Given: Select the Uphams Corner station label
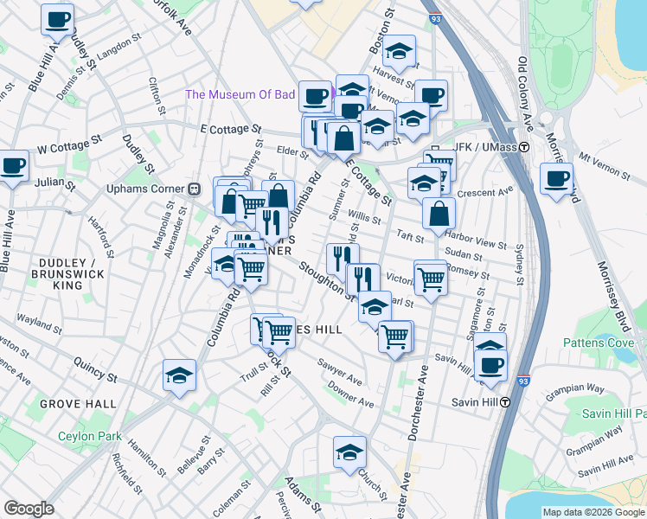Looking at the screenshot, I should coord(147,189).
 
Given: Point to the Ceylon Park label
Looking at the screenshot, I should coord(89,437).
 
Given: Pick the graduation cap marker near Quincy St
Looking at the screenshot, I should coord(179,375).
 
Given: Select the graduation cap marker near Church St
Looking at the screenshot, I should coord(349,452).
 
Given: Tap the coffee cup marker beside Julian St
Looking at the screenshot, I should coord(13,166).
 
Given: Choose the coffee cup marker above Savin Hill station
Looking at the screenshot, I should coord(491,363).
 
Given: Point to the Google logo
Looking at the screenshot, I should coord(29,509).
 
